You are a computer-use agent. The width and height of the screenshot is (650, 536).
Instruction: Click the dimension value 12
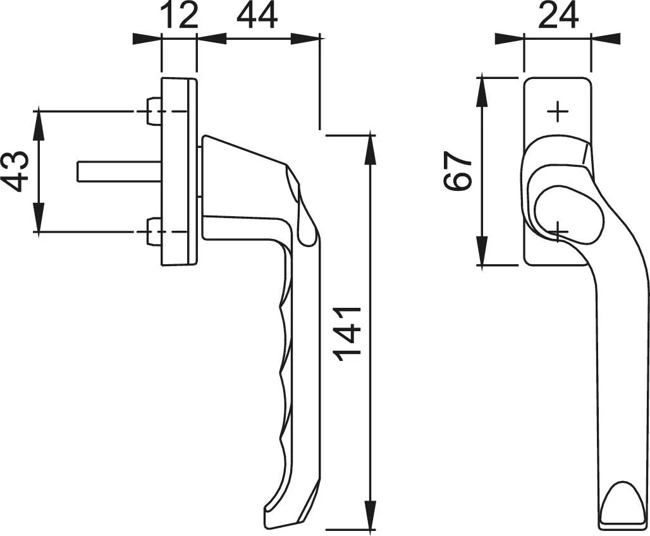pyautogui.click(x=179, y=16)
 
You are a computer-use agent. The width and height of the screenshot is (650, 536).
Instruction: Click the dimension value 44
pyautogui.click(x=257, y=16)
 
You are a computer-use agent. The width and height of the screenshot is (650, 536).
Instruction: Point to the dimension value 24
pyautogui.click(x=558, y=16)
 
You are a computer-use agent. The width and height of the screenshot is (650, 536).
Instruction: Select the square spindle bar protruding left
pyautogui.click(x=120, y=171)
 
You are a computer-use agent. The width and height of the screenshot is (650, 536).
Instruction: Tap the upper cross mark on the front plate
pyautogui.click(x=558, y=111)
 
